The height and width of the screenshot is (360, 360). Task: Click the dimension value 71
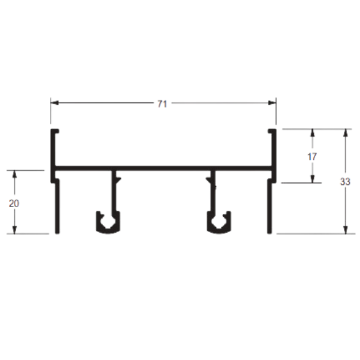162,104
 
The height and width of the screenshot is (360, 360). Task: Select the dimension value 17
312,157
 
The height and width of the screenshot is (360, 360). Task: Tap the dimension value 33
345,182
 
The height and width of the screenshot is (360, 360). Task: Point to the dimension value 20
14,203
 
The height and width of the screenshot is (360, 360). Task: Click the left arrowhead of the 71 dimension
54,102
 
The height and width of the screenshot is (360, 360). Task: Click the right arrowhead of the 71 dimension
272,102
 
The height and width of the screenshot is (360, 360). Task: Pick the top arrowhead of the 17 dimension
312,133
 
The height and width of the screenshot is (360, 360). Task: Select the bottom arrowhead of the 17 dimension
312,179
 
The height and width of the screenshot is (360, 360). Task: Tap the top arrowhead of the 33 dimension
345,133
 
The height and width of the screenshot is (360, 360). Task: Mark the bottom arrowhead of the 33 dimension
345,230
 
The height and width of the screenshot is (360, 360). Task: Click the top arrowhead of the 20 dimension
15,175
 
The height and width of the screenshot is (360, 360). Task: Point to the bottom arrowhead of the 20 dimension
15,230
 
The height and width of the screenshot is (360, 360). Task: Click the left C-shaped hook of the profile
108,231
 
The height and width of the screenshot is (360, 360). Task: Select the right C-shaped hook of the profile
219,231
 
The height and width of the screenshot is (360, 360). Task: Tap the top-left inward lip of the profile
55,131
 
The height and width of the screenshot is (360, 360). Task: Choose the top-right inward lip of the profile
272,131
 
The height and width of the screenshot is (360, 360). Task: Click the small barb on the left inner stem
118,179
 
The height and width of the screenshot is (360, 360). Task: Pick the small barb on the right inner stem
208,179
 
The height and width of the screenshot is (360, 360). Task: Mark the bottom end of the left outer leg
58,233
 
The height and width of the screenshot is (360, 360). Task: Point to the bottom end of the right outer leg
270,233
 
